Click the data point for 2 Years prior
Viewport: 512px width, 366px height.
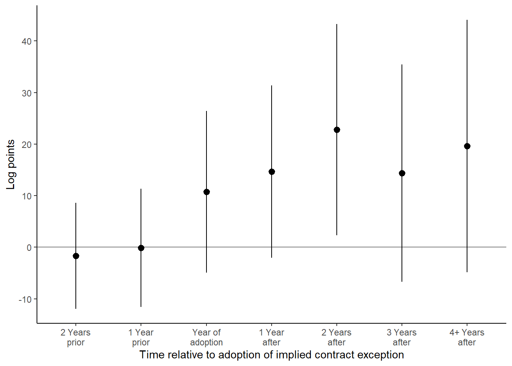click(76, 256)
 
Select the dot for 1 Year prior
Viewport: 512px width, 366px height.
click(141, 248)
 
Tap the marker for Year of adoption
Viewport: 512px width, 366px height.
click(206, 192)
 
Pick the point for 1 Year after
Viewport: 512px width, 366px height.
click(272, 172)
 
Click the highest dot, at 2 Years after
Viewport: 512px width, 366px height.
click(337, 130)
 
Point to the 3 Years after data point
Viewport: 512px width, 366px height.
click(402, 173)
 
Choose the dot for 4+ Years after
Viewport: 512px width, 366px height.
click(467, 146)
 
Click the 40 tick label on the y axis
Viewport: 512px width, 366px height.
click(27, 41)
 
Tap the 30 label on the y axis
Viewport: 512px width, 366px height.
click(27, 93)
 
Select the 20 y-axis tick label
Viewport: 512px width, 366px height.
click(27, 144)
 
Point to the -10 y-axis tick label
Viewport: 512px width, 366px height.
click(25, 299)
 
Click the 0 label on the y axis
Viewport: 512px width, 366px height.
click(29, 247)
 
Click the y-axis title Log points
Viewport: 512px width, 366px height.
click(11, 164)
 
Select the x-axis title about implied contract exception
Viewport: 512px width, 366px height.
click(272, 355)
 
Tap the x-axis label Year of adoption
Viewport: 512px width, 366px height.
click(206, 337)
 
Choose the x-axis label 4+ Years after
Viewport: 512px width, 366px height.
click(467, 337)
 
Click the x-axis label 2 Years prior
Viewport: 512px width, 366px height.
click(76, 337)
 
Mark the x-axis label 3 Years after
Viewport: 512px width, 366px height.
click(402, 337)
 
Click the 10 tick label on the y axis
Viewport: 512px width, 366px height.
click(27, 196)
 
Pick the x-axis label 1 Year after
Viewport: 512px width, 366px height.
click(272, 337)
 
